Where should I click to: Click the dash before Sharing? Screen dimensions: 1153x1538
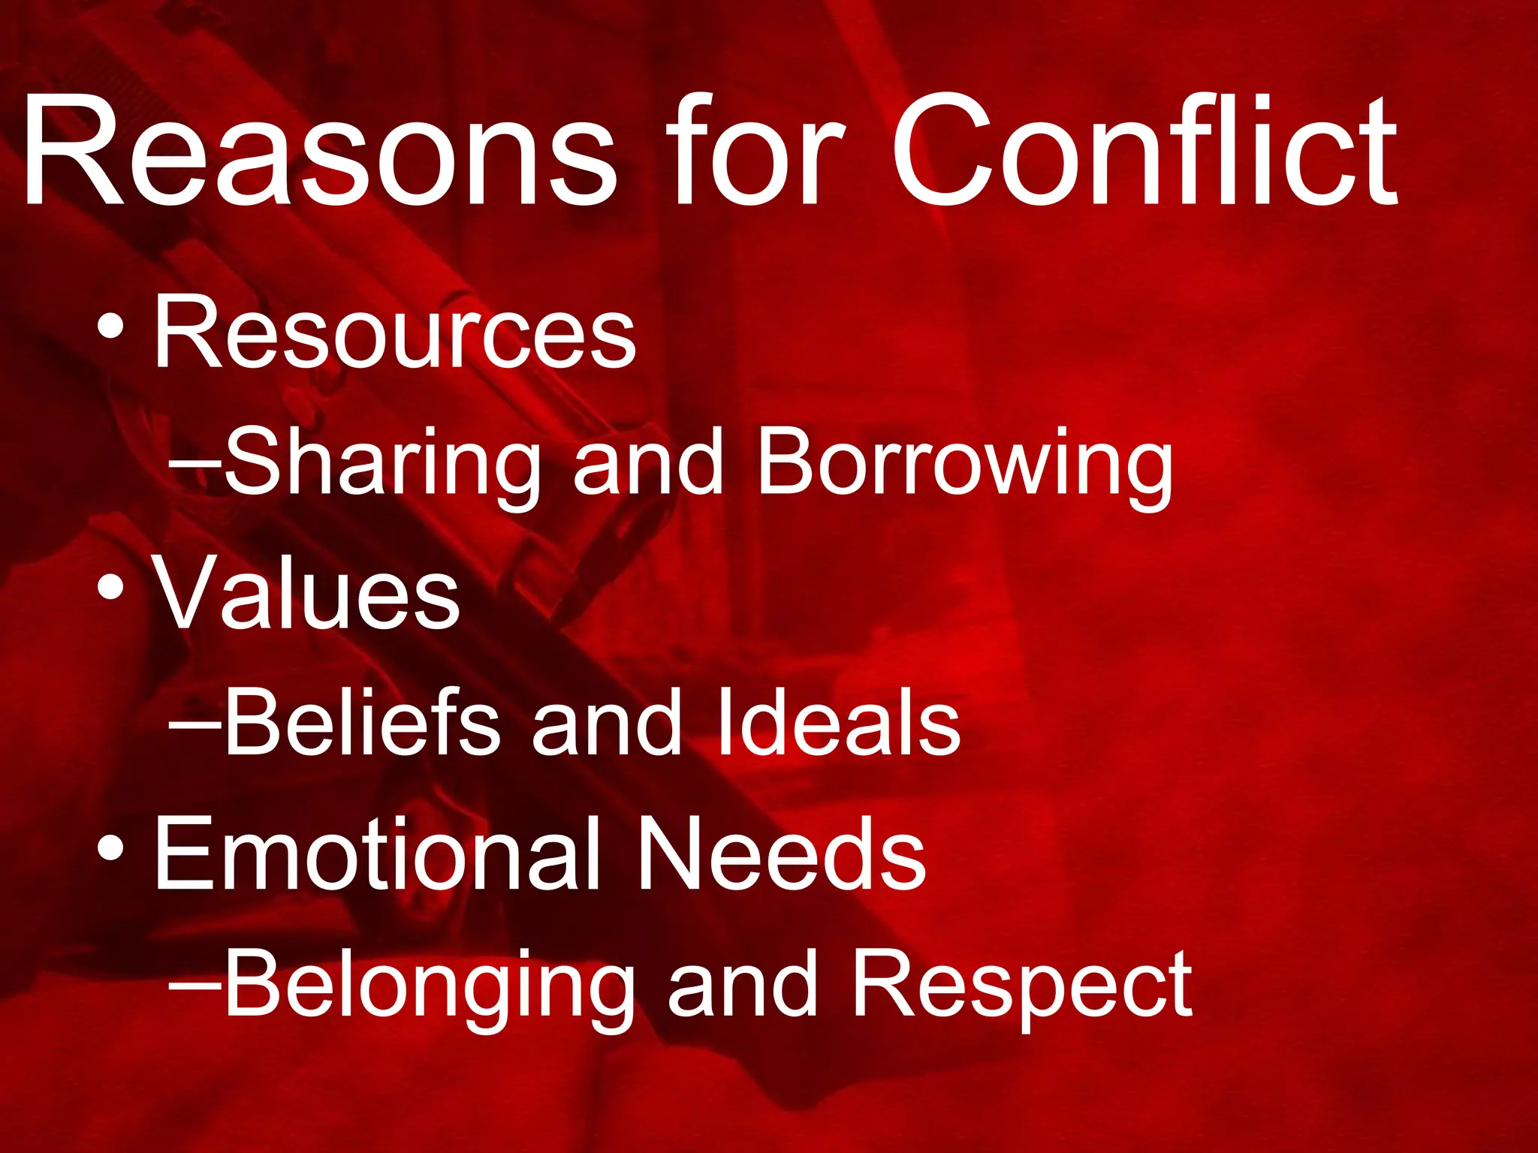pos(195,465)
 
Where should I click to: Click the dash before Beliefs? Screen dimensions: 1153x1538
pos(195,725)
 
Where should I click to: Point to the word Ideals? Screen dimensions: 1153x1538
pos(838,722)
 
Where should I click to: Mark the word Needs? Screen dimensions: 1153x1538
pos(781,853)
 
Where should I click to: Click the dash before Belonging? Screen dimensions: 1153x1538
pos(195,985)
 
